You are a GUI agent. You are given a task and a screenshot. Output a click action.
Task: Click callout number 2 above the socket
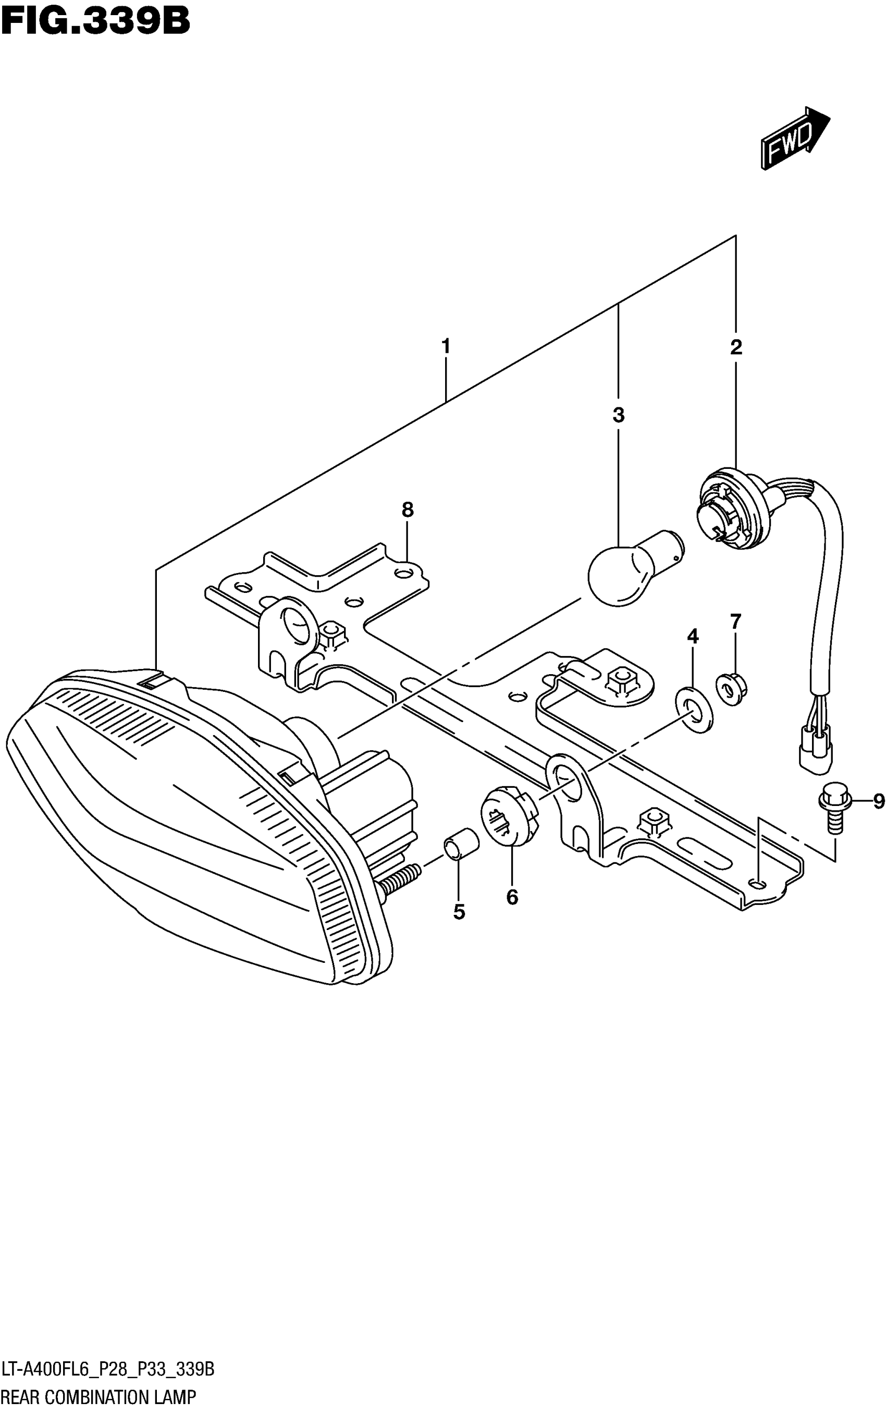736,347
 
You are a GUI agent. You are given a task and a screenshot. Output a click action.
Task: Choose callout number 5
459,911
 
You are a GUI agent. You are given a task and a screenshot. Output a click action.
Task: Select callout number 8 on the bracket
408,510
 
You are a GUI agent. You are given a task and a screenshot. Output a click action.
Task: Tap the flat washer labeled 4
694,711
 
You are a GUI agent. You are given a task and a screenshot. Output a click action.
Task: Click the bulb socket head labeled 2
730,508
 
